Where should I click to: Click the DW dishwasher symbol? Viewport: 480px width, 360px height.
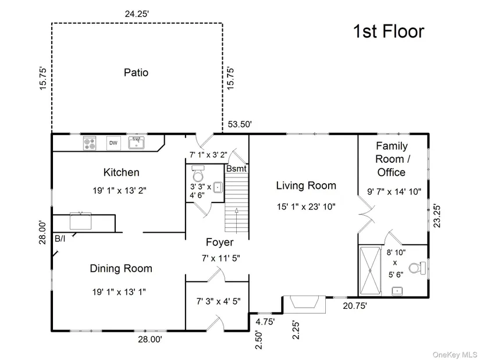click(x=113, y=143)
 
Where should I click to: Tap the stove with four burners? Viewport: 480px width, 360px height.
click(x=90, y=143)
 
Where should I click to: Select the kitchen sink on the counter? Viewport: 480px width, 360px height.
click(x=136, y=142)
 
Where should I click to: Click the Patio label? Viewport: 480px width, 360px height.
click(x=136, y=73)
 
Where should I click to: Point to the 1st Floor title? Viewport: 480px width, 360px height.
click(x=389, y=31)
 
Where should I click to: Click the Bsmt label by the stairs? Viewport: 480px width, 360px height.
click(x=236, y=168)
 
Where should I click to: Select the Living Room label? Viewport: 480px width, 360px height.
click(x=306, y=186)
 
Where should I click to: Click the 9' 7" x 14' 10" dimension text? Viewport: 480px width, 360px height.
click(x=394, y=192)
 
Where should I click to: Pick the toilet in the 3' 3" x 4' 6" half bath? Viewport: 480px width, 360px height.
click(x=198, y=173)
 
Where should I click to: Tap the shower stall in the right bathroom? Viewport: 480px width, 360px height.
click(x=370, y=270)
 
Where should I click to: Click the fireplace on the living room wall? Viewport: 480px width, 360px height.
click(x=304, y=304)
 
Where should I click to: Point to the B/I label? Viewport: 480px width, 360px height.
click(x=60, y=239)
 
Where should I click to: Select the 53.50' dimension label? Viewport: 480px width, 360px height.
click(x=240, y=124)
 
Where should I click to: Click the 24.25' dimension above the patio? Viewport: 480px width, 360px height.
click(x=137, y=14)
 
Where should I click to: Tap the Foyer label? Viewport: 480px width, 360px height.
click(x=219, y=242)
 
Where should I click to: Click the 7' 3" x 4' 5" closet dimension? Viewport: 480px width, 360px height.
click(x=218, y=301)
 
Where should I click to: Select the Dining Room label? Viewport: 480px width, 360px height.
click(x=121, y=269)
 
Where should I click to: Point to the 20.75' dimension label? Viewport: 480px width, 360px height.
click(x=355, y=305)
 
